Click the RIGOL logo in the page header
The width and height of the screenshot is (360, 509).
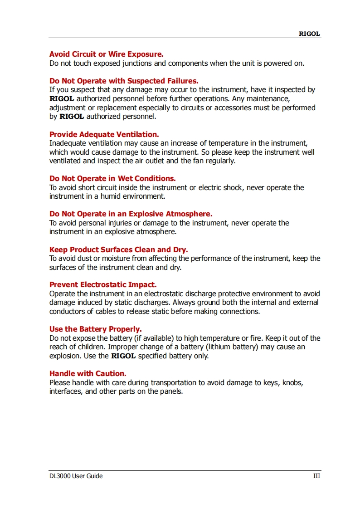pyautogui.click(x=309, y=34)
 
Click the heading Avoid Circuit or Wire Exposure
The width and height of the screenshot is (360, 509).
pyautogui.click(x=106, y=54)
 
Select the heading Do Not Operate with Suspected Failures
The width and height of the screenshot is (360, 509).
pyautogui.click(x=124, y=81)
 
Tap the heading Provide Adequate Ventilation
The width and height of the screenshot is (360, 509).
pyautogui.click(x=104, y=134)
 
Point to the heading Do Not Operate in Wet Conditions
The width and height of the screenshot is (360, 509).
pyautogui.click(x=112, y=178)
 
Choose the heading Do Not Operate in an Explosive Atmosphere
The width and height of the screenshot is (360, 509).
pyautogui.click(x=131, y=214)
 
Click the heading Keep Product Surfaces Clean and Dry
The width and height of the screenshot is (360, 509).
pyautogui.click(x=118, y=250)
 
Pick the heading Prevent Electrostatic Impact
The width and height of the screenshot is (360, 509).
pyautogui.click(x=103, y=285)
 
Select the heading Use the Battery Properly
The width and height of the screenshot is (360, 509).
pyautogui.click(x=95, y=329)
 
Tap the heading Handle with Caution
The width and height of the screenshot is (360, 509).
pyautogui.click(x=88, y=373)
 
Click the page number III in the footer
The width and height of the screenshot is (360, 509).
pyautogui.click(x=316, y=476)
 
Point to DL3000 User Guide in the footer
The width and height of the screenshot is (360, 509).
pyautogui.click(x=76, y=476)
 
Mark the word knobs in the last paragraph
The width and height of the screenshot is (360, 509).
pyautogui.click(x=292, y=382)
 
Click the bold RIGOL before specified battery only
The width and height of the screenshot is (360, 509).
pyautogui.click(x=123, y=356)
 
